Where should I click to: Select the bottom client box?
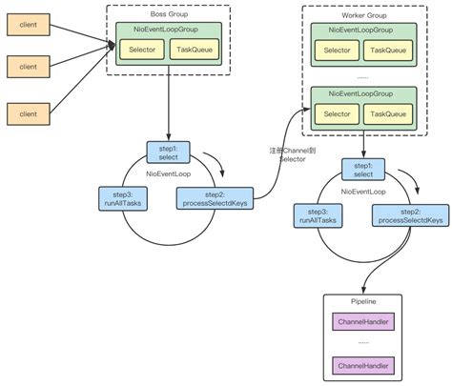(27, 114)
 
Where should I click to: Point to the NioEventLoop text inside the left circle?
(167, 173)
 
